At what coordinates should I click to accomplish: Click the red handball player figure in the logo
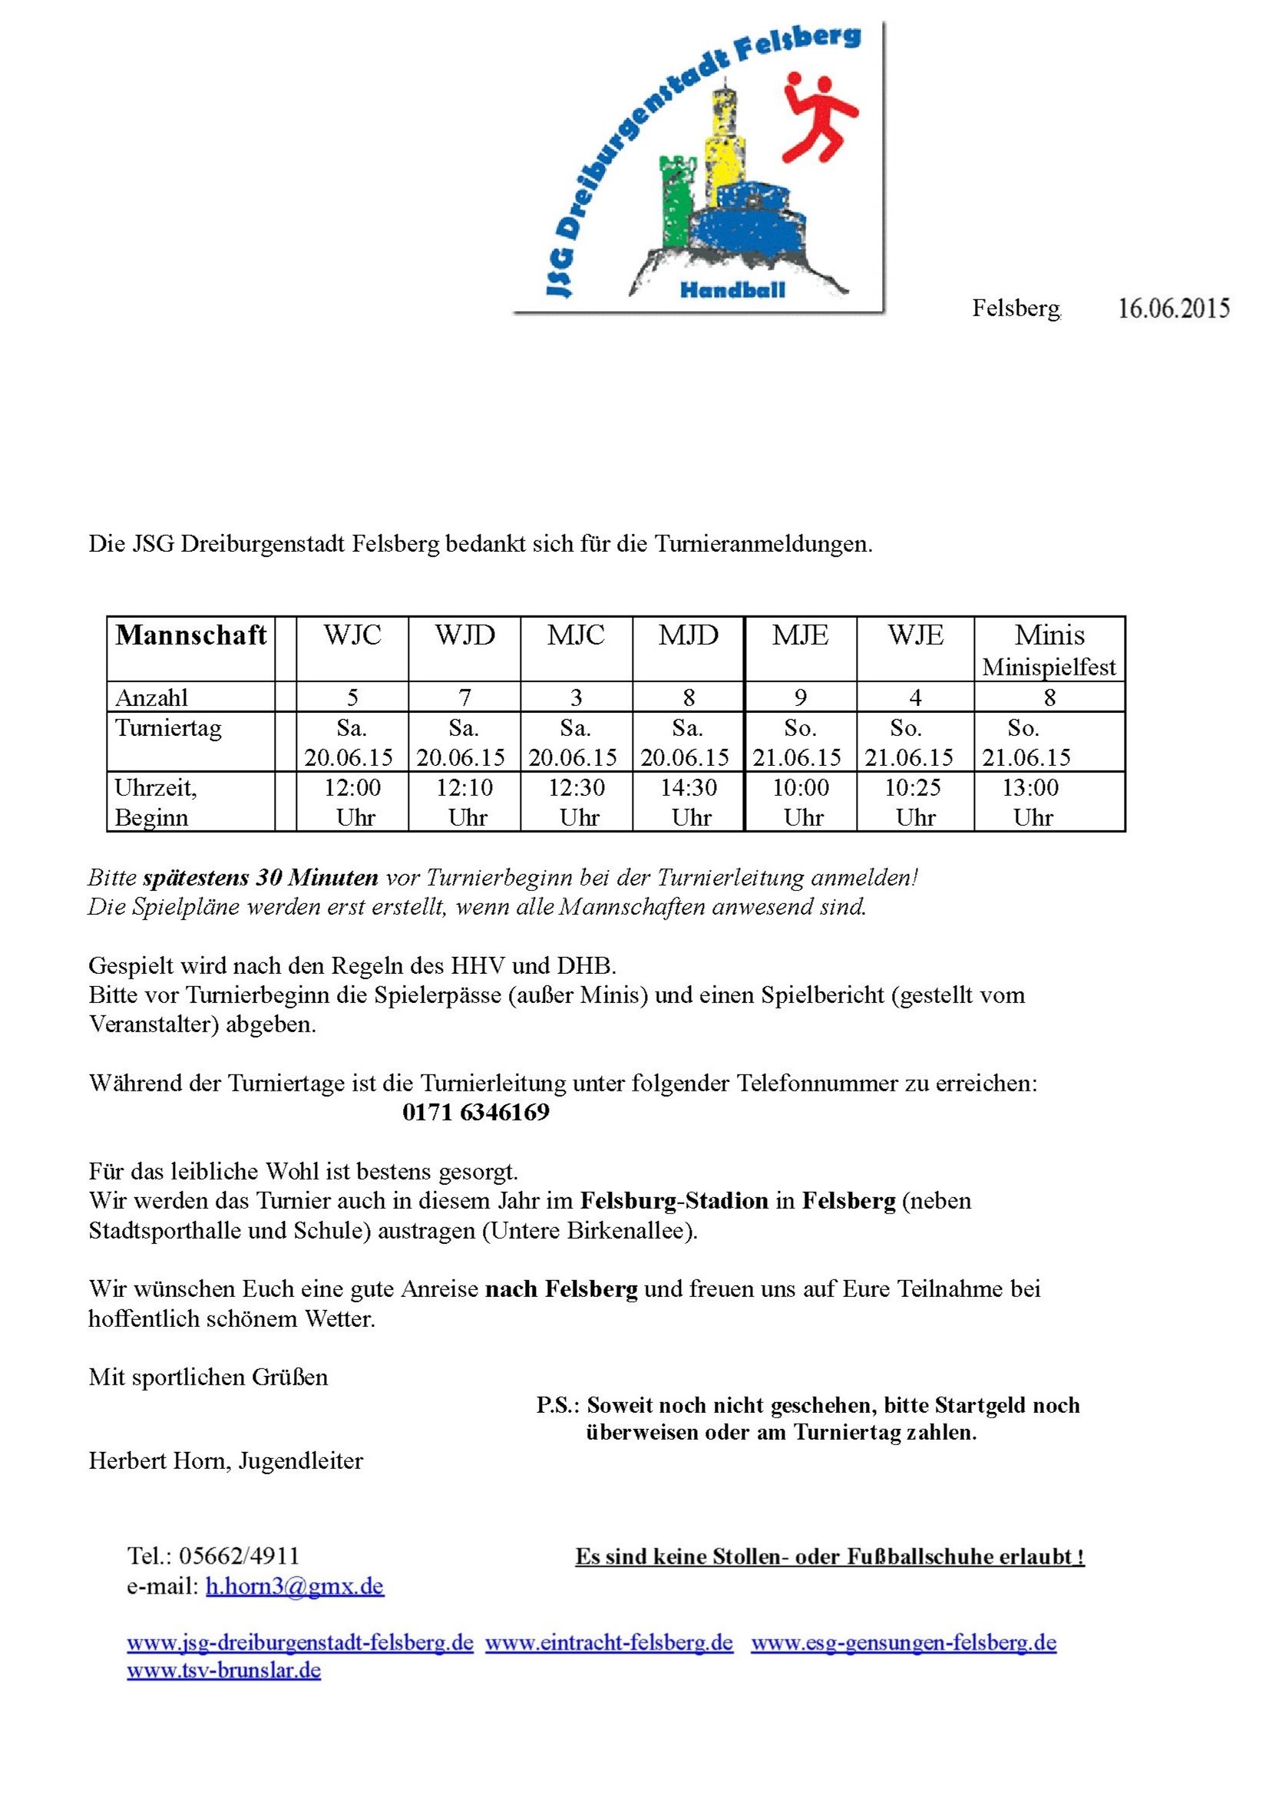coord(818,117)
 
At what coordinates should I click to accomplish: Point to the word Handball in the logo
coord(732,290)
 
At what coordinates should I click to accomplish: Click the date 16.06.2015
coord(1173,308)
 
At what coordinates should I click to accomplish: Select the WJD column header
coord(464,635)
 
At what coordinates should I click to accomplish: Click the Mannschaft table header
coord(191,635)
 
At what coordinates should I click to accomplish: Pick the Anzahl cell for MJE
coord(800,697)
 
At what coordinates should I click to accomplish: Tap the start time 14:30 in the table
coord(688,787)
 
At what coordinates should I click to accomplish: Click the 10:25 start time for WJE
coord(912,787)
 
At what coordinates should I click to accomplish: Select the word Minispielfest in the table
coord(1049,667)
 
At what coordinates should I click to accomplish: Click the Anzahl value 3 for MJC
coord(577,697)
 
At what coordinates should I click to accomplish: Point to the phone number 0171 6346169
coord(475,1112)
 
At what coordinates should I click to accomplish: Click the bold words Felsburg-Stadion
coord(674,1200)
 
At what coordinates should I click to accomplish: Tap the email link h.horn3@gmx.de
coord(295,1585)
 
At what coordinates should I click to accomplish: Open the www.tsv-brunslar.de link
coord(223,1670)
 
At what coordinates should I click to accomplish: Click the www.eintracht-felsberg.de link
coord(609,1642)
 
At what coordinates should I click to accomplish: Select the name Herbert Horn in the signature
coord(160,1460)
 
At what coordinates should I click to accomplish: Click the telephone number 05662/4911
coord(240,1556)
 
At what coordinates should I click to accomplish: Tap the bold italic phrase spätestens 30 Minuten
coord(260,877)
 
